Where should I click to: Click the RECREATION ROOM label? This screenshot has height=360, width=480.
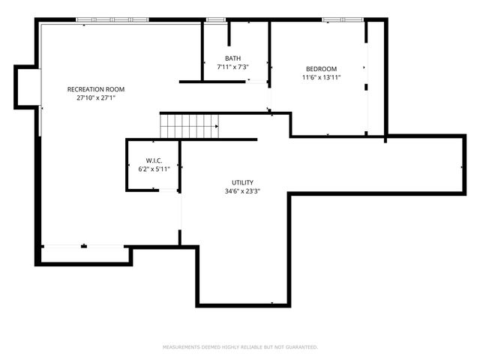pos(94,88)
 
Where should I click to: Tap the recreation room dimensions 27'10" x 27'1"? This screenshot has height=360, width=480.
pos(94,97)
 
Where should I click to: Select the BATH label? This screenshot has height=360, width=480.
pos(232,58)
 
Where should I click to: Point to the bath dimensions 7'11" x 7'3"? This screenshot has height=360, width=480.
pos(232,67)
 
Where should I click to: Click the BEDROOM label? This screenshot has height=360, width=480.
pos(321,68)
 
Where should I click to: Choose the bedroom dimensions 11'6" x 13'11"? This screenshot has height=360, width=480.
pos(321,77)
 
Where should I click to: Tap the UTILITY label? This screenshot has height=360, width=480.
pos(242,182)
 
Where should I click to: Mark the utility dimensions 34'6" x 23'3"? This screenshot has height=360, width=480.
pos(242,191)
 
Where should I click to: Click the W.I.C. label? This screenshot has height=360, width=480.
pos(154,160)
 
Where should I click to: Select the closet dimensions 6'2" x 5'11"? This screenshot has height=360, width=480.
pos(154,169)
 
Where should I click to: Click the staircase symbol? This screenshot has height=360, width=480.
pos(189,126)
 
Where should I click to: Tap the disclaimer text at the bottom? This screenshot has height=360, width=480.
pos(240,347)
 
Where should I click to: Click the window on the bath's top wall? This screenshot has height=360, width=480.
pos(216,19)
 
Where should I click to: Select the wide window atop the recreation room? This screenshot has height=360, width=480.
pos(112,19)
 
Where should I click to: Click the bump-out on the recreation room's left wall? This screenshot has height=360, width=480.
pos(27,86)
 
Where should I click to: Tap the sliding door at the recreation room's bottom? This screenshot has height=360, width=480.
pos(83,245)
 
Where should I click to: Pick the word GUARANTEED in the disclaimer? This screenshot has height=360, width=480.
pos(300,347)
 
